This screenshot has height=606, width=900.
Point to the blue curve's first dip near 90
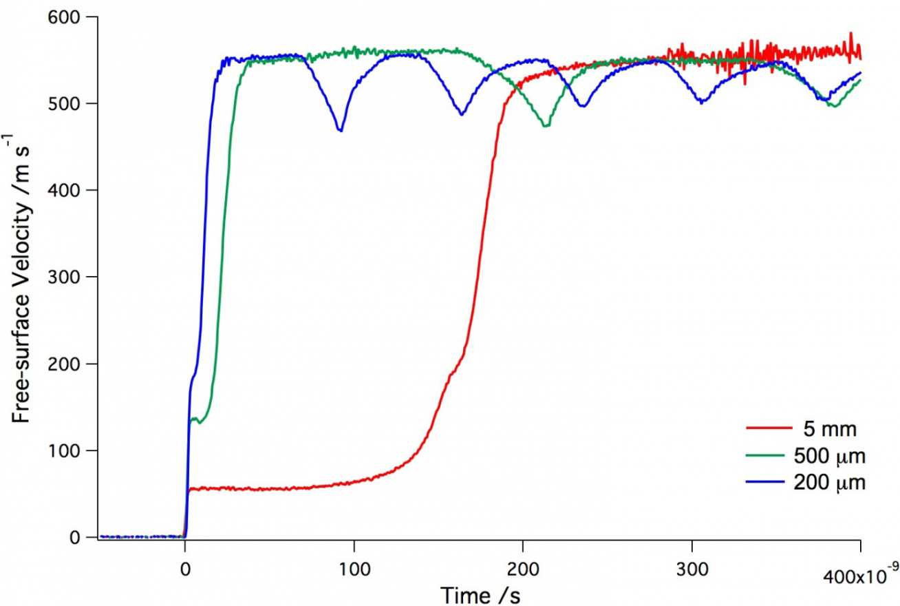tap(340, 129)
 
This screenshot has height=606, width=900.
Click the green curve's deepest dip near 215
tap(546, 125)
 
